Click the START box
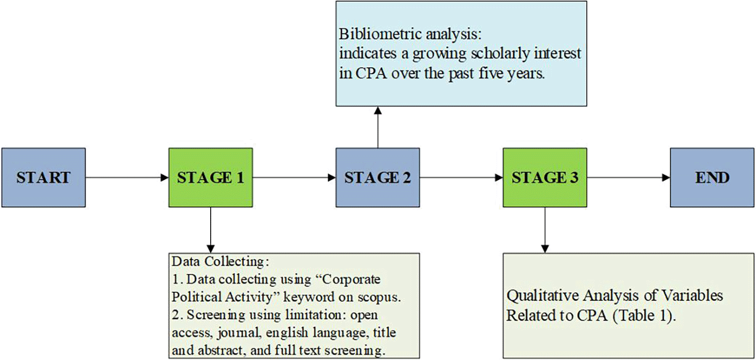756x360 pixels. (x=43, y=177)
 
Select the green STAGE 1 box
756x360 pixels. (x=210, y=177)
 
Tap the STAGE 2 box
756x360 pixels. (x=377, y=177)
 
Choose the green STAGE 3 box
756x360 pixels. (x=545, y=177)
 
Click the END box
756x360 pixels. (x=712, y=177)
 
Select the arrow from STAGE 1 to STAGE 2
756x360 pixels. (x=294, y=177)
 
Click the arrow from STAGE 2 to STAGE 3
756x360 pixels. (x=461, y=177)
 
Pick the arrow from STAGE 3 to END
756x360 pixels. (x=628, y=177)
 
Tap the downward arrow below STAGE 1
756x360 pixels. (x=210, y=229)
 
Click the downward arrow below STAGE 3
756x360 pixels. (x=545, y=229)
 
